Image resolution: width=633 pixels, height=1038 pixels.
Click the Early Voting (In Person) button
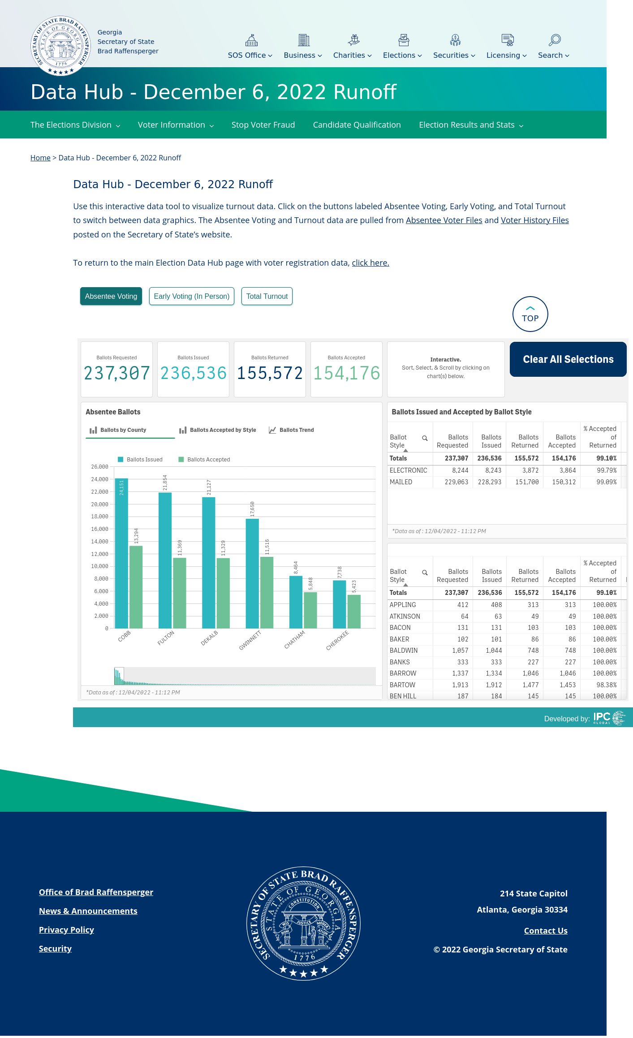coord(192,296)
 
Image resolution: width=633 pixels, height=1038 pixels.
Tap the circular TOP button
coord(530,314)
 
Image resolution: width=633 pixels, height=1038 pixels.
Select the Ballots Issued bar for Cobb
coord(121,553)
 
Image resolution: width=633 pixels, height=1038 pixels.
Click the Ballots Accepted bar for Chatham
coord(310,610)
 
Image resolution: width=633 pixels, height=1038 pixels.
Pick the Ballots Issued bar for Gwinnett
coord(252,573)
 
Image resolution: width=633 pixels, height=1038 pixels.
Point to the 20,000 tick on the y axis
coord(100,504)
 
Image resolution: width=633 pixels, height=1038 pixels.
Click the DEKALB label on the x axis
coord(209,638)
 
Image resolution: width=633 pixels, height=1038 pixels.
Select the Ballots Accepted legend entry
coord(204,460)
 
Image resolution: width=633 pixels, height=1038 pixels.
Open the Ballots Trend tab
coord(291,430)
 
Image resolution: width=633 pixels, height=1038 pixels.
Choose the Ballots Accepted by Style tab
coord(218,430)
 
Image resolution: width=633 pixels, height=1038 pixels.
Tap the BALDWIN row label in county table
coord(404,650)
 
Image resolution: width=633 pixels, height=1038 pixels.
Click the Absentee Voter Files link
coord(444,220)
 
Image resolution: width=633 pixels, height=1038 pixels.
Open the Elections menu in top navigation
coord(402,55)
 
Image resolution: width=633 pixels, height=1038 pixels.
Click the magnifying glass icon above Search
coord(554,40)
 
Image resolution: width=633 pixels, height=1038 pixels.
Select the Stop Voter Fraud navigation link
coord(263,125)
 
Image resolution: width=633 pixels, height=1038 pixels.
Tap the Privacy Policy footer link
coord(66,930)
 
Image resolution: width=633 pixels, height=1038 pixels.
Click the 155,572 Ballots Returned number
coord(270,373)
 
